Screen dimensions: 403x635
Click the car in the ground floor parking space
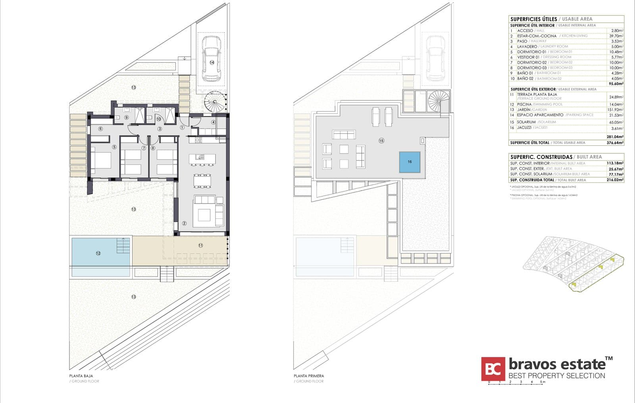(212, 58)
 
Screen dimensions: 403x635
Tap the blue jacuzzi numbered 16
(410, 162)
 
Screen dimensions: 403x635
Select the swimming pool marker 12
(98, 253)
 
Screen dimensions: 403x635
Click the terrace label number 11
(200, 246)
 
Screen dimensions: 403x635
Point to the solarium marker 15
(381, 141)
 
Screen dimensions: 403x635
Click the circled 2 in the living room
(184, 223)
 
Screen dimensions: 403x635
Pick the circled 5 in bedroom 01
(114, 147)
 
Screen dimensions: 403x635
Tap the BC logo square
(493, 369)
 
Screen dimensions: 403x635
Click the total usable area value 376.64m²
(615, 143)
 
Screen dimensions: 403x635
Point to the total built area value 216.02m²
(615, 180)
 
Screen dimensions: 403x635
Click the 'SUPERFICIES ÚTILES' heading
(533, 19)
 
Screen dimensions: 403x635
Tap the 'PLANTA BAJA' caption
(81, 376)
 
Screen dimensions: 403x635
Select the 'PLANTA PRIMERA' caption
(309, 376)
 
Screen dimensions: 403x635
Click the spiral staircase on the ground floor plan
(215, 101)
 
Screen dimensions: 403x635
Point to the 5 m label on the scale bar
(543, 382)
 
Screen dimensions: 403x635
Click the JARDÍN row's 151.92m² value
(615, 110)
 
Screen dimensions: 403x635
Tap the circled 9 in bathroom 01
(126, 118)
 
